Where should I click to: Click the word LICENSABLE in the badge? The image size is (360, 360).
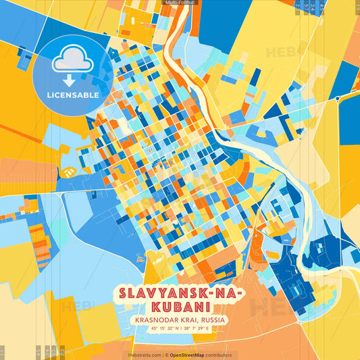[72, 95]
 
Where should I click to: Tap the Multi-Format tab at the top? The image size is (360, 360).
[180, 3]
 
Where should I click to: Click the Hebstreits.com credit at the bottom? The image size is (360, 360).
[145, 355]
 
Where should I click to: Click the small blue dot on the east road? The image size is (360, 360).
[337, 99]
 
